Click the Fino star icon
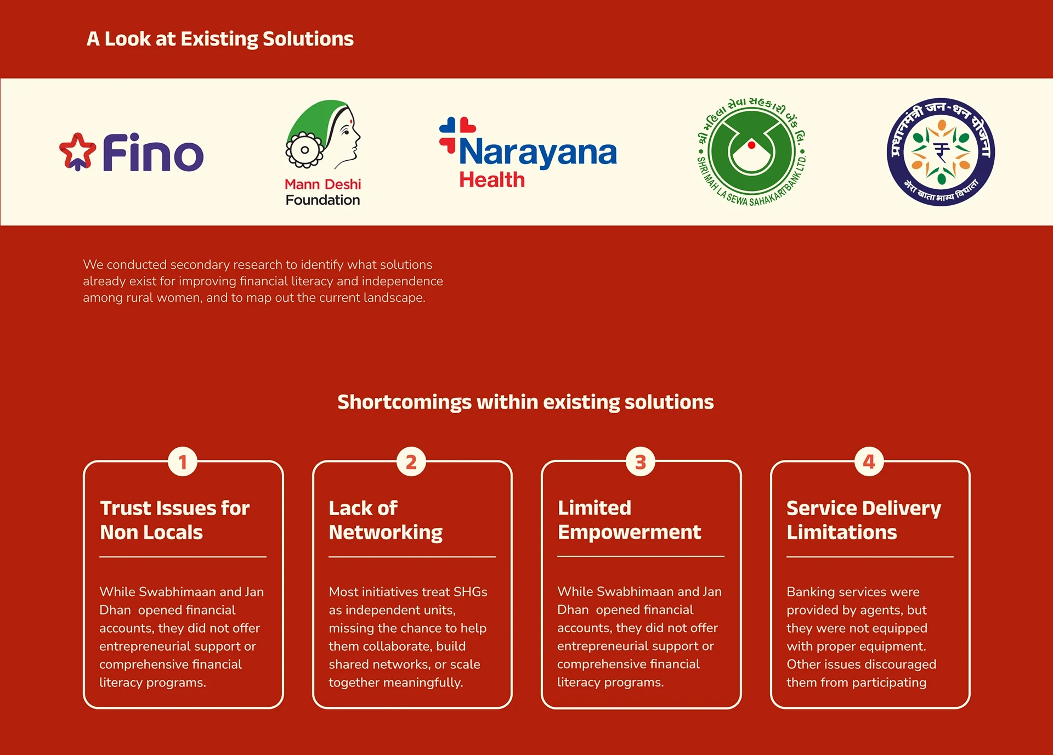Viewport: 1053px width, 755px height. click(x=77, y=151)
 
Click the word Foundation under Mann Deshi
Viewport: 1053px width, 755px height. click(x=322, y=200)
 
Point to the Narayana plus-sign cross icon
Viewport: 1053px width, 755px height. click(x=456, y=133)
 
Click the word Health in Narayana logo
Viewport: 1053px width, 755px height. click(x=492, y=180)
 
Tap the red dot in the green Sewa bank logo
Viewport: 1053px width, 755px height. click(x=751, y=145)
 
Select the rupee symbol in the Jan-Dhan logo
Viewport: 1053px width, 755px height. click(x=941, y=151)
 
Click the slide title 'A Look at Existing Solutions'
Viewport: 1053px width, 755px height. click(x=220, y=39)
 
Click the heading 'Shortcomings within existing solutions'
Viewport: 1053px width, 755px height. click(x=525, y=402)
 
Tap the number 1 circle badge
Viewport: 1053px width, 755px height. click(x=183, y=462)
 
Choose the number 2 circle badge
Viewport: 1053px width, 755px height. click(x=411, y=462)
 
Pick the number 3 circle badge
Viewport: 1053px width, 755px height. click(x=640, y=462)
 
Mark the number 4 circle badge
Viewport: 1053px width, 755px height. click(x=869, y=462)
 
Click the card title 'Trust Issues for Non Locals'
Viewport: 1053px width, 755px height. click(x=174, y=520)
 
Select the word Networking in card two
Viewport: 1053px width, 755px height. click(x=386, y=533)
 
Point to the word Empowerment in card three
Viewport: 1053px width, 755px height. click(x=629, y=532)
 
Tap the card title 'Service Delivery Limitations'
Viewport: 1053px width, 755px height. click(x=863, y=520)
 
